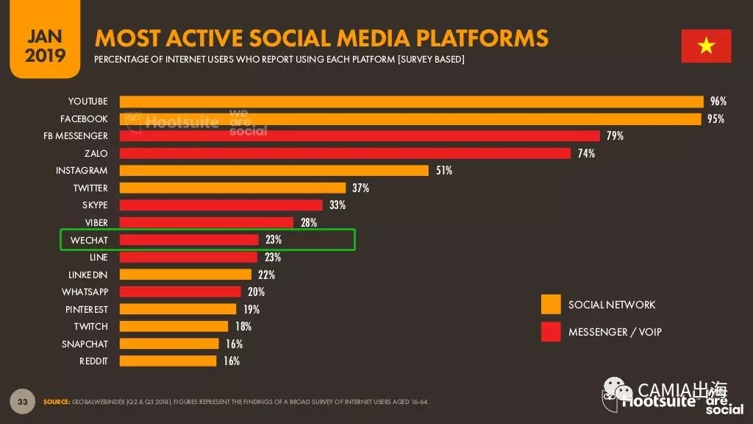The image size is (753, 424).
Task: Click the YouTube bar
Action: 412,102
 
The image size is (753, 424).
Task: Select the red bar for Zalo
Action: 345,153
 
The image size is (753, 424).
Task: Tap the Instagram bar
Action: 274,171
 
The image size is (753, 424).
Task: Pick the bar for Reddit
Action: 168,361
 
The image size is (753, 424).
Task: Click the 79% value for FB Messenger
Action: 615,136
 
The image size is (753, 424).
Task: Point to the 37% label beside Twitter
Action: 360,188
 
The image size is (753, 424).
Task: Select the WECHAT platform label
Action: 89,240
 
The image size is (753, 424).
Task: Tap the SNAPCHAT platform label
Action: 85,344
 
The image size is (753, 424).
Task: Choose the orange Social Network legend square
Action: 551,304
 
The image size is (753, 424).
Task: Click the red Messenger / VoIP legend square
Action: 551,332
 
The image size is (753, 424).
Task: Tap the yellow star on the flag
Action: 706,46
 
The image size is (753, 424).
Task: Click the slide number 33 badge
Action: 22,401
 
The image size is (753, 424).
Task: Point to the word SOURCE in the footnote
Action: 56,402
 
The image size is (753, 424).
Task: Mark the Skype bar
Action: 221,205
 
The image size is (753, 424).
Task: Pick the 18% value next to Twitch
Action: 243,326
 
